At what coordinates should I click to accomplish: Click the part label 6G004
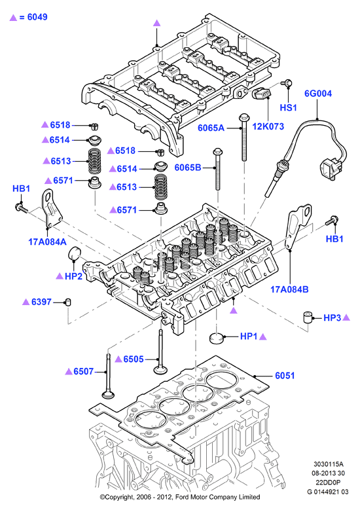click(318, 94)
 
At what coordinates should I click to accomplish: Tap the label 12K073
click(268, 126)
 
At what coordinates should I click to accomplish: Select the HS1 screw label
click(289, 107)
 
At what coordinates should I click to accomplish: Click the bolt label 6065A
click(211, 128)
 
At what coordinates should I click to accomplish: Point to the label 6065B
click(188, 168)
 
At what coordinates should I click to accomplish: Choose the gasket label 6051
click(285, 376)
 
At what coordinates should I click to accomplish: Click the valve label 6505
click(134, 359)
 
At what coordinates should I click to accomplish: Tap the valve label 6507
click(84, 371)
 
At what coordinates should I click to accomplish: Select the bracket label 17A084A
click(48, 242)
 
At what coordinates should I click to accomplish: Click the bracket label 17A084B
click(289, 289)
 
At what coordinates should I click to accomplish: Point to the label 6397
click(42, 302)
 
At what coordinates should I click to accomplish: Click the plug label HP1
click(249, 337)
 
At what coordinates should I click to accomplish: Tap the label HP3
click(333, 318)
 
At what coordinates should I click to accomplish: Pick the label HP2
click(73, 276)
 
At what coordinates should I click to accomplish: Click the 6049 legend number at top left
click(37, 17)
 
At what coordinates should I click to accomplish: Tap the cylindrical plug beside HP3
click(308, 317)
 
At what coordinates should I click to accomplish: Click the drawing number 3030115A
click(329, 464)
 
